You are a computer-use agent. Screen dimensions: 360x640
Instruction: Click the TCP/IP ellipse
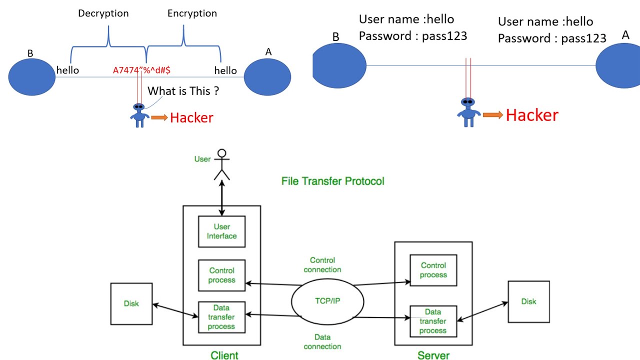click(x=327, y=302)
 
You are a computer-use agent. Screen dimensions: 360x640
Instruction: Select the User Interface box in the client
click(x=221, y=231)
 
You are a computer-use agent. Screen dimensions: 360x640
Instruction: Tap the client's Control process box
click(x=221, y=275)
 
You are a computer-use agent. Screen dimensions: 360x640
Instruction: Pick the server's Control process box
click(x=433, y=270)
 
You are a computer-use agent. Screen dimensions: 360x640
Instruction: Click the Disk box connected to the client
click(x=131, y=303)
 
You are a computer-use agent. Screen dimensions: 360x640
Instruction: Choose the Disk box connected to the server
click(x=528, y=301)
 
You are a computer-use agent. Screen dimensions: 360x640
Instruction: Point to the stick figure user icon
click(x=221, y=164)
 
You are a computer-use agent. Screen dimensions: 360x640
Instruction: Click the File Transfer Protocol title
click(x=332, y=181)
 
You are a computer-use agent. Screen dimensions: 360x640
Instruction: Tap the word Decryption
click(x=103, y=13)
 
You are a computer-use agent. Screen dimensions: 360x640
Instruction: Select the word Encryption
click(x=192, y=13)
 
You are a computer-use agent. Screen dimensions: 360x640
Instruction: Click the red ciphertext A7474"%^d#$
click(x=141, y=70)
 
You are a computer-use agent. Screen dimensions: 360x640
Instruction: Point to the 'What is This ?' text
click(x=183, y=91)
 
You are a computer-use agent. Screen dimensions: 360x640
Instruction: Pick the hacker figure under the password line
click(x=468, y=112)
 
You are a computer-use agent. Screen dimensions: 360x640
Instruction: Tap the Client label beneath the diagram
click(x=224, y=355)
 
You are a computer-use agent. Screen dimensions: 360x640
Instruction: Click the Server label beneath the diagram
click(x=433, y=355)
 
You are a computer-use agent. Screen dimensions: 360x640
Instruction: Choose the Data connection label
click(x=322, y=341)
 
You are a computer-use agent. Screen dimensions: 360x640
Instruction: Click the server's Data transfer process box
click(x=433, y=321)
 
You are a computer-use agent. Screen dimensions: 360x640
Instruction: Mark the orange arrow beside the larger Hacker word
click(x=492, y=115)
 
